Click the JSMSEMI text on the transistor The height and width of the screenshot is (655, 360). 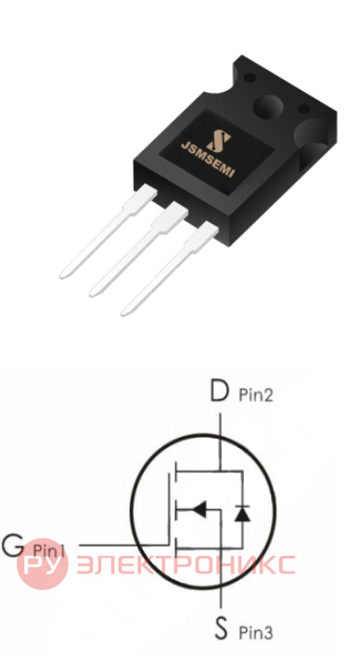(x=208, y=160)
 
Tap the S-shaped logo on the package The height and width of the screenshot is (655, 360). (x=219, y=141)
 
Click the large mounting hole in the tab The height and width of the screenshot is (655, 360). (x=268, y=106)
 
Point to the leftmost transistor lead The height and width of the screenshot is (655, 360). (x=108, y=232)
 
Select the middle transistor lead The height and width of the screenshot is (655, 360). (x=138, y=250)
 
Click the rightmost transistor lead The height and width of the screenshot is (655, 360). (x=169, y=269)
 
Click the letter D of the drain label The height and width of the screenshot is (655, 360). (x=220, y=392)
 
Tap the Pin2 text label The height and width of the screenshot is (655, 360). (x=255, y=394)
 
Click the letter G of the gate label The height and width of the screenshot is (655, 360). (x=13, y=545)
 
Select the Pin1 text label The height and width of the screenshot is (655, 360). (x=49, y=551)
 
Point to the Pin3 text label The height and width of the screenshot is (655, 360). (x=255, y=633)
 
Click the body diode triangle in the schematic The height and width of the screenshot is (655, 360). (x=242, y=514)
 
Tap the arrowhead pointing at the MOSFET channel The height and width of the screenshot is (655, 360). (x=199, y=509)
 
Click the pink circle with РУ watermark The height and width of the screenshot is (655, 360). (x=42, y=564)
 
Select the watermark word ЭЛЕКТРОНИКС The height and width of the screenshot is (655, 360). (x=186, y=565)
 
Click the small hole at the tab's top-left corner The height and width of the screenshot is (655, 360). (x=250, y=77)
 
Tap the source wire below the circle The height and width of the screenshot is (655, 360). (x=221, y=598)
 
